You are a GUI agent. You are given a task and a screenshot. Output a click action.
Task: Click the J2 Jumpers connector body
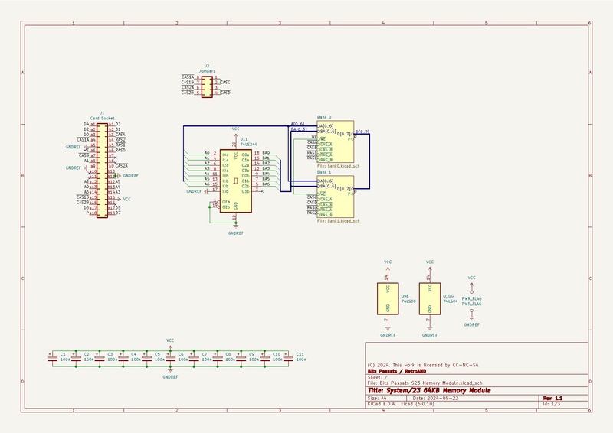[207, 85]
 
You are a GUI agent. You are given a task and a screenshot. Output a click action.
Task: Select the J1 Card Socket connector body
[100, 168]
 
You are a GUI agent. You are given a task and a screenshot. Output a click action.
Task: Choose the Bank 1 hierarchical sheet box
[335, 197]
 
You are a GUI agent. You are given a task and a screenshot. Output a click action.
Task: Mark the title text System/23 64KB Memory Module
[429, 391]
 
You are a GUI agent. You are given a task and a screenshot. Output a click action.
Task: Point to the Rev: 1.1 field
[552, 398]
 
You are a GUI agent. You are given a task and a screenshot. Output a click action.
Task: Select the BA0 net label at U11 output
[265, 153]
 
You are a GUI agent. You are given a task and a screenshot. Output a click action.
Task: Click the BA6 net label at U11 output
[265, 184]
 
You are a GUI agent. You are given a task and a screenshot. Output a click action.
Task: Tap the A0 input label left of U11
[207, 153]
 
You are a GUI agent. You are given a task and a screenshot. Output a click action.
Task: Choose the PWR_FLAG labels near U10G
[471, 301]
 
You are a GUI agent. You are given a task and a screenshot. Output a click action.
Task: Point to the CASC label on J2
[225, 81]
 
